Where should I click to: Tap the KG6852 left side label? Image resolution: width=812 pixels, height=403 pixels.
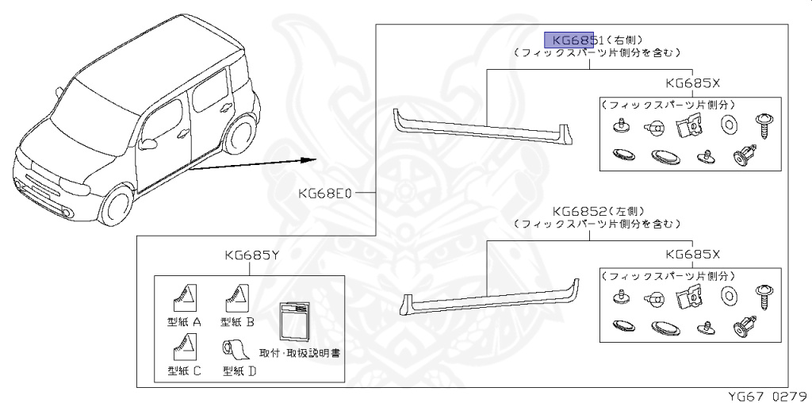580,211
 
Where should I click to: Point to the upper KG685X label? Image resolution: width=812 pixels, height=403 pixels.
693,83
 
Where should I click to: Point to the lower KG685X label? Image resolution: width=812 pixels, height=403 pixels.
693,254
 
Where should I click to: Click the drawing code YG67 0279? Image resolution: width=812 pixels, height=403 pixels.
768,393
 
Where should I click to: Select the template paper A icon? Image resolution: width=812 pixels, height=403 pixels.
186,298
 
